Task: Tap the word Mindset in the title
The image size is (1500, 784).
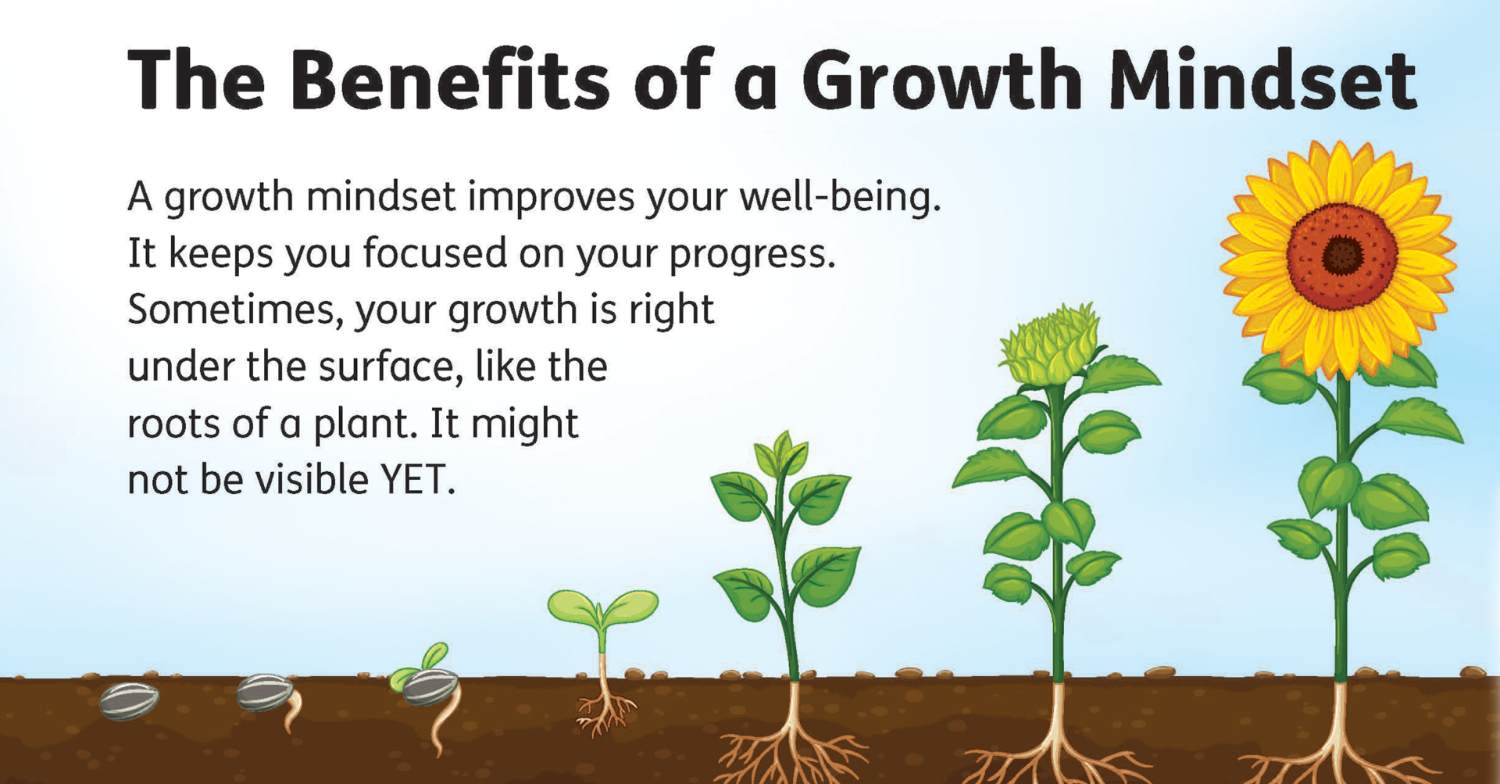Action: coord(1262,80)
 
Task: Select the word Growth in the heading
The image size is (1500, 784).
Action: coord(942,80)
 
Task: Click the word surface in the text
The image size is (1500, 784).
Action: coord(386,367)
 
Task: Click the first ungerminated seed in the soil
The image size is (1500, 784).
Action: coord(129,700)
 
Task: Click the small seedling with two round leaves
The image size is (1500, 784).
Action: coord(602,618)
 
